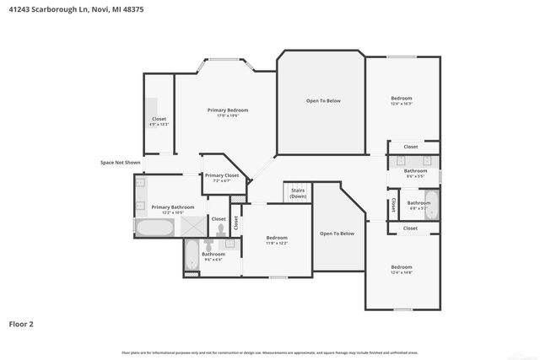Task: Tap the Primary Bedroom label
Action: click(228, 110)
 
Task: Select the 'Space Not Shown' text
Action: click(120, 162)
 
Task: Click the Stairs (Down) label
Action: click(298, 193)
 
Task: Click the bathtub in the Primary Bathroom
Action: click(155, 228)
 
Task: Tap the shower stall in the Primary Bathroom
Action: click(193, 227)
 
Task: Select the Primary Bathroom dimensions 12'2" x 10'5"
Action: click(172, 212)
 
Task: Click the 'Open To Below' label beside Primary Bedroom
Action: click(323, 101)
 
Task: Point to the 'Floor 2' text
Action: click(21, 323)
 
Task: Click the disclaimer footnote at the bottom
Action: click(270, 352)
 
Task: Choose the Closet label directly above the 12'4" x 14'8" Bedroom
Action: click(410, 228)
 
